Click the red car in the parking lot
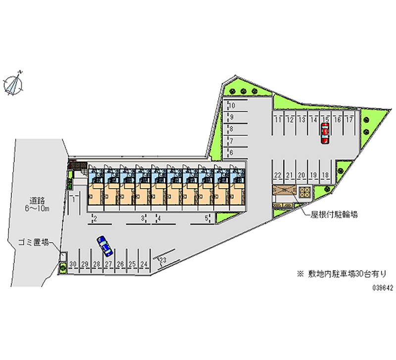point(325,133)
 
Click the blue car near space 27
point(104,244)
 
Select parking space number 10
point(231,105)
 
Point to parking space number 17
point(349,119)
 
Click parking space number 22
point(278,175)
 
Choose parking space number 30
point(73,264)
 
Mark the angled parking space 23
point(162,260)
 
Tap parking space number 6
point(231,153)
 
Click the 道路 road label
point(37,201)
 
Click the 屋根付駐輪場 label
point(334,215)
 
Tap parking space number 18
point(325,175)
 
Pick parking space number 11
point(279,119)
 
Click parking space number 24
point(144,264)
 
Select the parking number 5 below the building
point(207,218)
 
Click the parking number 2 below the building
point(94,218)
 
